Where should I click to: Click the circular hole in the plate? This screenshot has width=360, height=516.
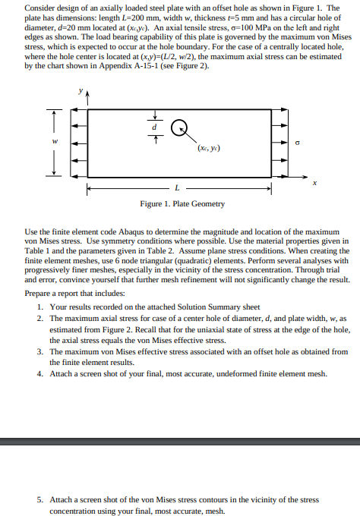coord(178,129)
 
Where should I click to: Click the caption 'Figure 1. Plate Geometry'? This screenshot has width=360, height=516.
coord(182,203)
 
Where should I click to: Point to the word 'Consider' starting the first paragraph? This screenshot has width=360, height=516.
coord(40,6)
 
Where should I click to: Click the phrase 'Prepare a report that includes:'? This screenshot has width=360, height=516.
coord(74,293)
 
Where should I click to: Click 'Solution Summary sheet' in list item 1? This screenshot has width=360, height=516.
coord(225,307)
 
